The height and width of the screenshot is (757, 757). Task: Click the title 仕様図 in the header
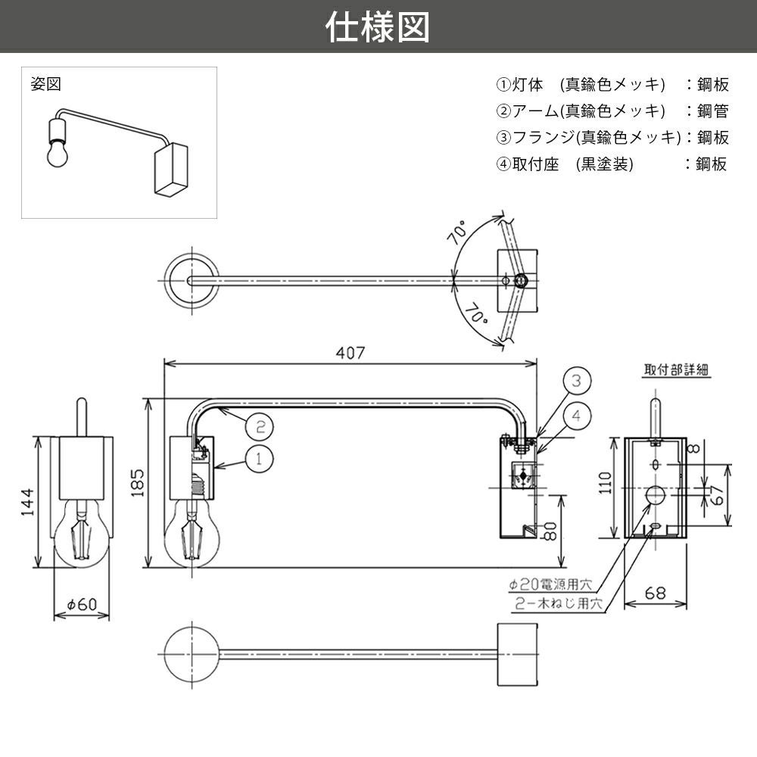click(378, 26)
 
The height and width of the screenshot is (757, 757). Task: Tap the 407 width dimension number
click(351, 353)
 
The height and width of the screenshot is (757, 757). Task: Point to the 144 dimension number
click(26, 502)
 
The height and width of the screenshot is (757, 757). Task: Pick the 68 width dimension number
click(656, 594)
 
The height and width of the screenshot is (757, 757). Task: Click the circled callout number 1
click(258, 457)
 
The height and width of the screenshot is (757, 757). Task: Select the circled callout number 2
click(258, 426)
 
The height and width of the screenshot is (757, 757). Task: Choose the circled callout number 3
click(576, 381)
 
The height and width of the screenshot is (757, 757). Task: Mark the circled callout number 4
click(576, 414)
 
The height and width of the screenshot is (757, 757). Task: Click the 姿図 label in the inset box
click(45, 83)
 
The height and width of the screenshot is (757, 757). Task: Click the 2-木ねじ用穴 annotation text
click(558, 604)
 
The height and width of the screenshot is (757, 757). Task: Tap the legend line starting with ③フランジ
click(612, 137)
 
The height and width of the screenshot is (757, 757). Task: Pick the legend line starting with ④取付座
click(612, 164)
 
